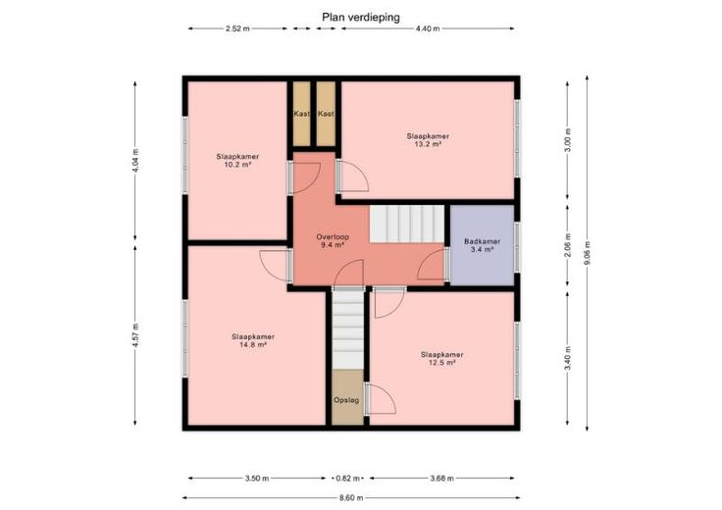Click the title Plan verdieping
pos(361,18)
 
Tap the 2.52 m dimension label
pos(237,28)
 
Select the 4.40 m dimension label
pos(428,28)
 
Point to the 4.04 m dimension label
pos(135,161)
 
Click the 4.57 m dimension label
pos(135,335)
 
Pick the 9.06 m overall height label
pos(587,253)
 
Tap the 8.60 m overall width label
pos(351,497)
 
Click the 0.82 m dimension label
pos(347,479)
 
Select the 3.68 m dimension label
pos(442,479)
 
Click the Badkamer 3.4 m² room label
pos(482,245)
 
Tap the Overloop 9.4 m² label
pos(333,240)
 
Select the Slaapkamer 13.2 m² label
pos(428,140)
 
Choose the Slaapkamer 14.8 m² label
pos(253,340)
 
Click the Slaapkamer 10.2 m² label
pos(237,160)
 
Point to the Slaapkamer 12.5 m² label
pos(442,358)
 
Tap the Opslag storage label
pos(346,400)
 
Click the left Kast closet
pos(302,114)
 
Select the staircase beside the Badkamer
pos(407,224)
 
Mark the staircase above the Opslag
pos(348,330)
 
